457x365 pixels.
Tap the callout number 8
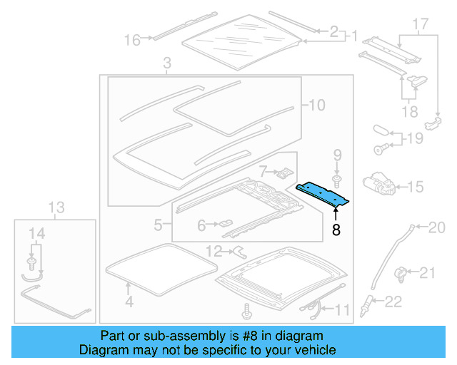coord(336,230)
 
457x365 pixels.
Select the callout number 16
coord(132,40)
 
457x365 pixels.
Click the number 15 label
coord(415,187)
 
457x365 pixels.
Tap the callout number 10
coord(316,106)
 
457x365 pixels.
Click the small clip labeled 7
coord(284,172)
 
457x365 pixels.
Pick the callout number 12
coord(214,250)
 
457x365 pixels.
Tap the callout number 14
coord(36,232)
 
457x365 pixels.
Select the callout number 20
coord(436,228)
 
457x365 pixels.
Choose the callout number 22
coord(394,302)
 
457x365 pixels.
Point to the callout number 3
coord(166,66)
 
